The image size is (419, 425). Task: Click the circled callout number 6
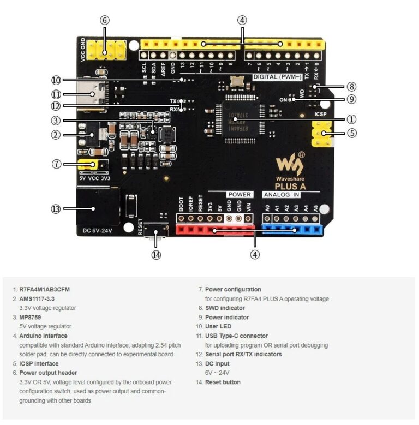pos(105,20)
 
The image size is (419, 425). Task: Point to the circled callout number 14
pos(157,254)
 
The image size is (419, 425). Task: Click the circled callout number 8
pos(351,86)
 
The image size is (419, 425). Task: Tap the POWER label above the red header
pos(239,194)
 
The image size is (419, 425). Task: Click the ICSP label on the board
pos(321,115)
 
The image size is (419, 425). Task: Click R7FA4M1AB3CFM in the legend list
pos(44,290)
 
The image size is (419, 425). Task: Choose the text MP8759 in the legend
pos(30,317)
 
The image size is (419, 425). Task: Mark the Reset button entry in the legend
pos(223,382)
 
